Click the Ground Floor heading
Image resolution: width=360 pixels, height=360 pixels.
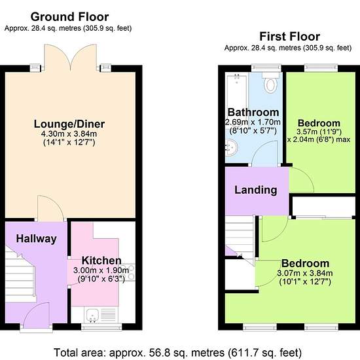tap(69, 17)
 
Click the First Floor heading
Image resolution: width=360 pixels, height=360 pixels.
tap(289, 37)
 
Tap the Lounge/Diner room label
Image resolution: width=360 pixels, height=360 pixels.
tap(69, 124)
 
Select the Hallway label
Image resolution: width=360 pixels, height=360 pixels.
tap(36, 239)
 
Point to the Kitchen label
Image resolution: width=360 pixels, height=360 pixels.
tap(101, 261)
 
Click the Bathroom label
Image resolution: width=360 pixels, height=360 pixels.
tap(253, 113)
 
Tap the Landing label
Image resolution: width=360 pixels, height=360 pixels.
tap(256, 190)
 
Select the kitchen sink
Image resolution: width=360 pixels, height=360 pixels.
tap(93, 315)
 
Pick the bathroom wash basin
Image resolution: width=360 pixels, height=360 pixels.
tap(232, 147)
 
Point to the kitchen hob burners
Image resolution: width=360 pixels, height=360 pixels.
tap(131, 272)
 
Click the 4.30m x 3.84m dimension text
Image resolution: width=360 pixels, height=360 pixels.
tap(69, 134)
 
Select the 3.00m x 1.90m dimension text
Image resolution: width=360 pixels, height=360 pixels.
tap(101, 270)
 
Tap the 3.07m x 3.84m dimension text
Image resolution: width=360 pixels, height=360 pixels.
tap(305, 273)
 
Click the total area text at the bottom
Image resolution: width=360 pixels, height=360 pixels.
tap(177, 352)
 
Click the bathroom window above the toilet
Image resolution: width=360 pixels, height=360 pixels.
tap(266, 67)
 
